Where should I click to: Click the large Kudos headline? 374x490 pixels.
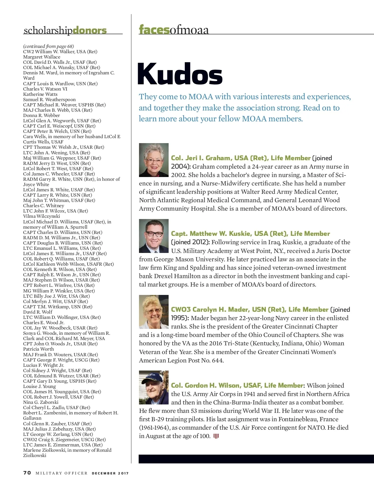click(x=180, y=74)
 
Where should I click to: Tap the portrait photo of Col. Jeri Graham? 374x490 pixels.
click(x=154, y=160)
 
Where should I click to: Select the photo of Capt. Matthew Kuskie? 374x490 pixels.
click(x=154, y=236)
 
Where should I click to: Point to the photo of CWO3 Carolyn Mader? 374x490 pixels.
click(x=154, y=312)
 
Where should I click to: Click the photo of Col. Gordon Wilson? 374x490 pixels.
click(x=154, y=387)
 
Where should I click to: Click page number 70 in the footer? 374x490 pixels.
click(x=27, y=473)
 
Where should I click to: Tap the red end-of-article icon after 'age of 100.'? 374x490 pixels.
click(x=216, y=436)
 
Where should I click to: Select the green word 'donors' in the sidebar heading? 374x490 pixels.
click(x=89, y=30)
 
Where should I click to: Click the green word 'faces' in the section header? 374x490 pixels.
click(x=154, y=30)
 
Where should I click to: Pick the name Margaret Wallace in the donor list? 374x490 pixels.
click(x=42, y=57)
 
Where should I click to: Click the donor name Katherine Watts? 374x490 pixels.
click(x=40, y=94)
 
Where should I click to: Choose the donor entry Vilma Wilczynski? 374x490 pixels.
click(x=41, y=216)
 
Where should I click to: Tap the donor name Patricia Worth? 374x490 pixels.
click(x=38, y=349)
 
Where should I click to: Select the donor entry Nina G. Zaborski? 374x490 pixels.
click(x=41, y=402)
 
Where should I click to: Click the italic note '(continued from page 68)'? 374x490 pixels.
click(x=48, y=46)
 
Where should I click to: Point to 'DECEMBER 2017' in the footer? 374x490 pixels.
click(x=110, y=473)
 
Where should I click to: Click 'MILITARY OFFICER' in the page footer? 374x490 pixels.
click(x=61, y=473)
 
